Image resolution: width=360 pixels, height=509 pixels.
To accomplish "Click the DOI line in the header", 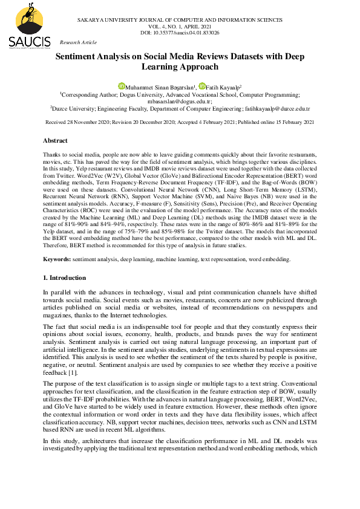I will (x=180, y=33).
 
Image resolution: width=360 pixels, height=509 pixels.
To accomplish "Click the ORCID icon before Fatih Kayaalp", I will (x=202, y=86).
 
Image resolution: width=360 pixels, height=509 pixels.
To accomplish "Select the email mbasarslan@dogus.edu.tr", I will (x=180, y=102).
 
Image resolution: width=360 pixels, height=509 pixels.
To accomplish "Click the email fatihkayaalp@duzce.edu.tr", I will (x=277, y=109).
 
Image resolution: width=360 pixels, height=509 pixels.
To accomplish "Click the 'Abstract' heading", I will (x=55, y=140).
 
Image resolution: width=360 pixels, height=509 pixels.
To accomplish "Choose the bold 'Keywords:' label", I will (x=57, y=259).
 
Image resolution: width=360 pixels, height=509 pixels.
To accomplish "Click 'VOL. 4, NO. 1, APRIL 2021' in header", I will (x=180, y=27).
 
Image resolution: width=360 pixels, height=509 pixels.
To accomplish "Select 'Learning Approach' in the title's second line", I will (x=180, y=67).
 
